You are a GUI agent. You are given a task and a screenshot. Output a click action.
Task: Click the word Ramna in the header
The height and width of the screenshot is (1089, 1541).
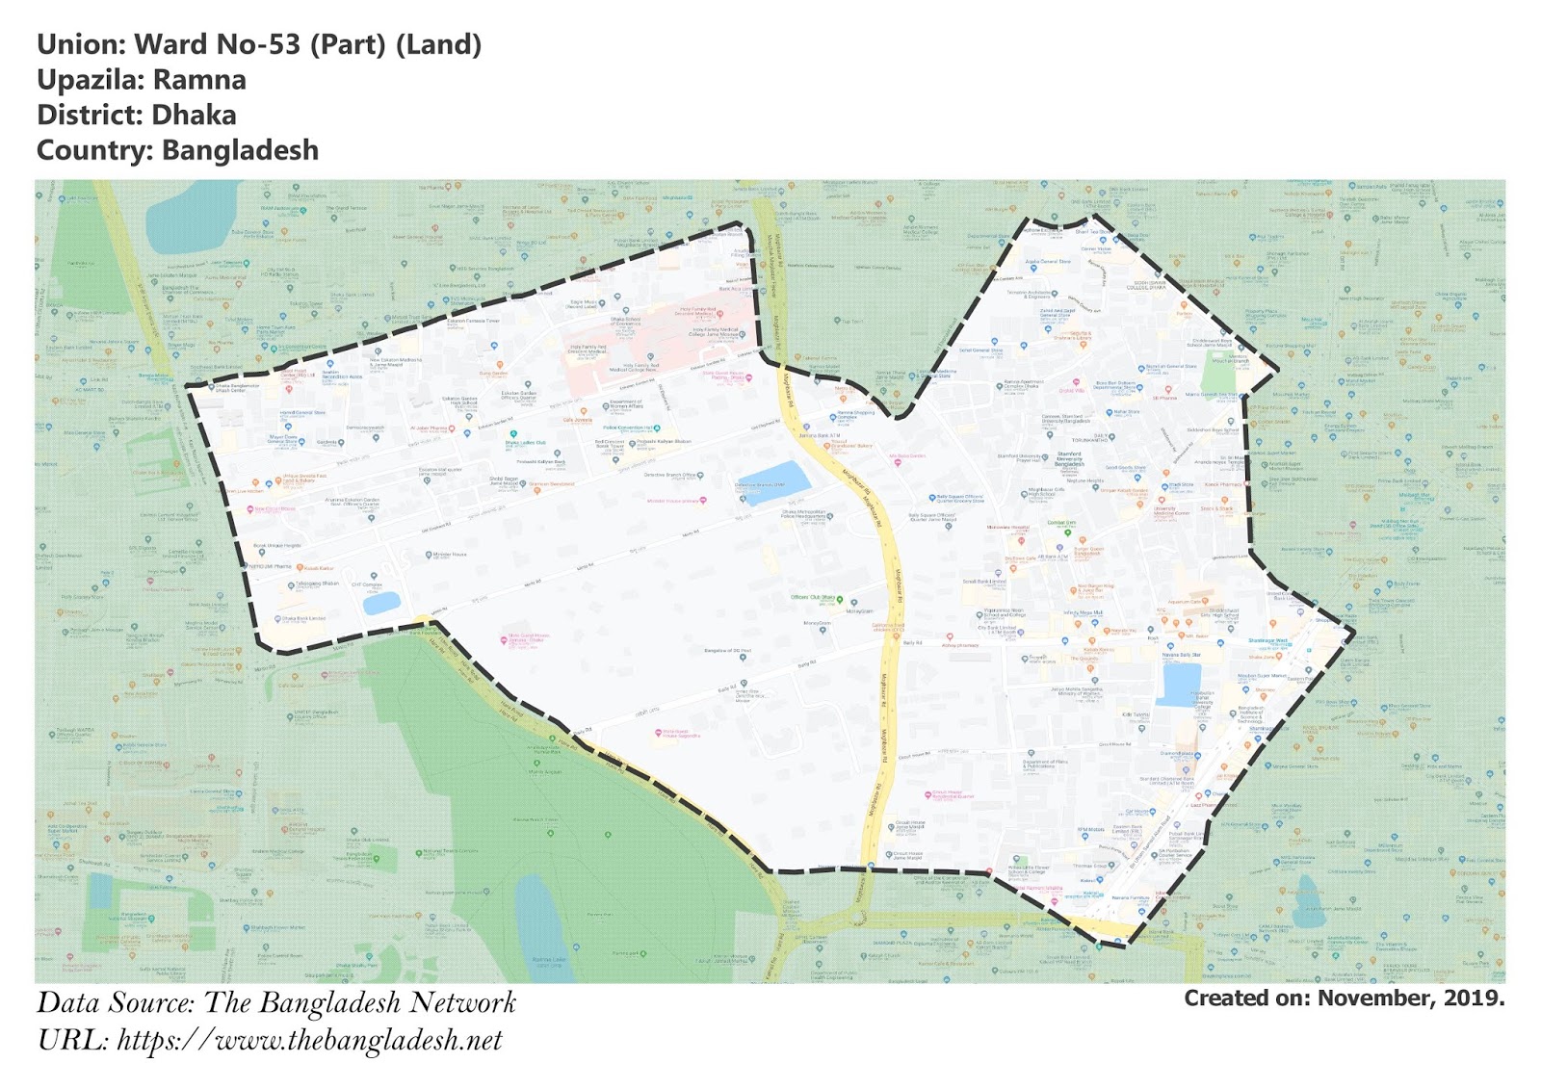[199, 80]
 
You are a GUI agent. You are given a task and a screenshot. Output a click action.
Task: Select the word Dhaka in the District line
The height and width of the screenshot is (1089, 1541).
[194, 116]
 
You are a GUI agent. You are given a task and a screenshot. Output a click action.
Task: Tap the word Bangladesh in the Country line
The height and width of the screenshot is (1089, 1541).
[240, 151]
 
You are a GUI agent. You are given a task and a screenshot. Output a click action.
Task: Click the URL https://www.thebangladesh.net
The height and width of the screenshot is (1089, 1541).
[309, 1041]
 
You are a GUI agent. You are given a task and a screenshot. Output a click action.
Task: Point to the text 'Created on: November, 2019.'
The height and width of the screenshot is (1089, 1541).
[1344, 998]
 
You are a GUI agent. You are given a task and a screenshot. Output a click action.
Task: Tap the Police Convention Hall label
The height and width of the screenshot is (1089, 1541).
[630, 428]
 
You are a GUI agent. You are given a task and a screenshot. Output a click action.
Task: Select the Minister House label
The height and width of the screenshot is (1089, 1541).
[450, 555]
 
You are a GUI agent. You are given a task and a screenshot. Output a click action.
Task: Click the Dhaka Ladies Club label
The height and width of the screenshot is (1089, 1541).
[526, 443]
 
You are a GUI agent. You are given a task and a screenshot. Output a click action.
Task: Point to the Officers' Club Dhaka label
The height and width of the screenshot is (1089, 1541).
[813, 598]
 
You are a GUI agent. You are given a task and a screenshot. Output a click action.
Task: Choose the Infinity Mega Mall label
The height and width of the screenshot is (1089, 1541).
[1083, 612]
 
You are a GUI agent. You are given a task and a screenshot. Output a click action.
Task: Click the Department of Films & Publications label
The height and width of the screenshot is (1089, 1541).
[1045, 765]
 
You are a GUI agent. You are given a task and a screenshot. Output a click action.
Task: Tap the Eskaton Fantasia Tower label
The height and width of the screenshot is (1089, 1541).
[474, 321]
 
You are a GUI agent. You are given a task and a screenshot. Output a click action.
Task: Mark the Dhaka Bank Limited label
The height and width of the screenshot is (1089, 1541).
[303, 618]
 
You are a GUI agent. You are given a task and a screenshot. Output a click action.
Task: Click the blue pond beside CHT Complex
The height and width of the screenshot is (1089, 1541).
[381, 604]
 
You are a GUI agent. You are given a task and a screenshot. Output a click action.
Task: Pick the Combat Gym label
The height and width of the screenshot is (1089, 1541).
[1061, 523]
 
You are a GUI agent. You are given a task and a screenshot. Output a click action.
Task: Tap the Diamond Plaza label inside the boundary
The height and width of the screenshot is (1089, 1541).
[1178, 753]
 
